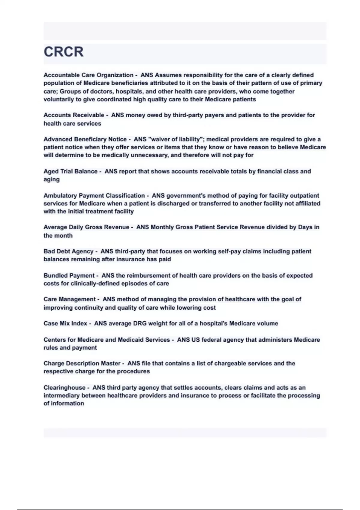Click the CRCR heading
[x=64, y=52]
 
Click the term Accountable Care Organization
[x=88, y=75]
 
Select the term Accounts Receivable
[x=73, y=115]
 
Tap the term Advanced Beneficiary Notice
[x=85, y=139]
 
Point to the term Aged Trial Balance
[x=70, y=171]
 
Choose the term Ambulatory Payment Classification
[x=94, y=196]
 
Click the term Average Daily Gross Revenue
[x=86, y=227]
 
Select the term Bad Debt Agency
[x=68, y=251]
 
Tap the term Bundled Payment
[x=69, y=275]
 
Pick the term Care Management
[x=69, y=299]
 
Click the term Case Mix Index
[x=65, y=323]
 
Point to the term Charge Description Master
[x=82, y=363]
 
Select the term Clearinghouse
[x=64, y=388]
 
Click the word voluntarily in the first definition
[x=58, y=99]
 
